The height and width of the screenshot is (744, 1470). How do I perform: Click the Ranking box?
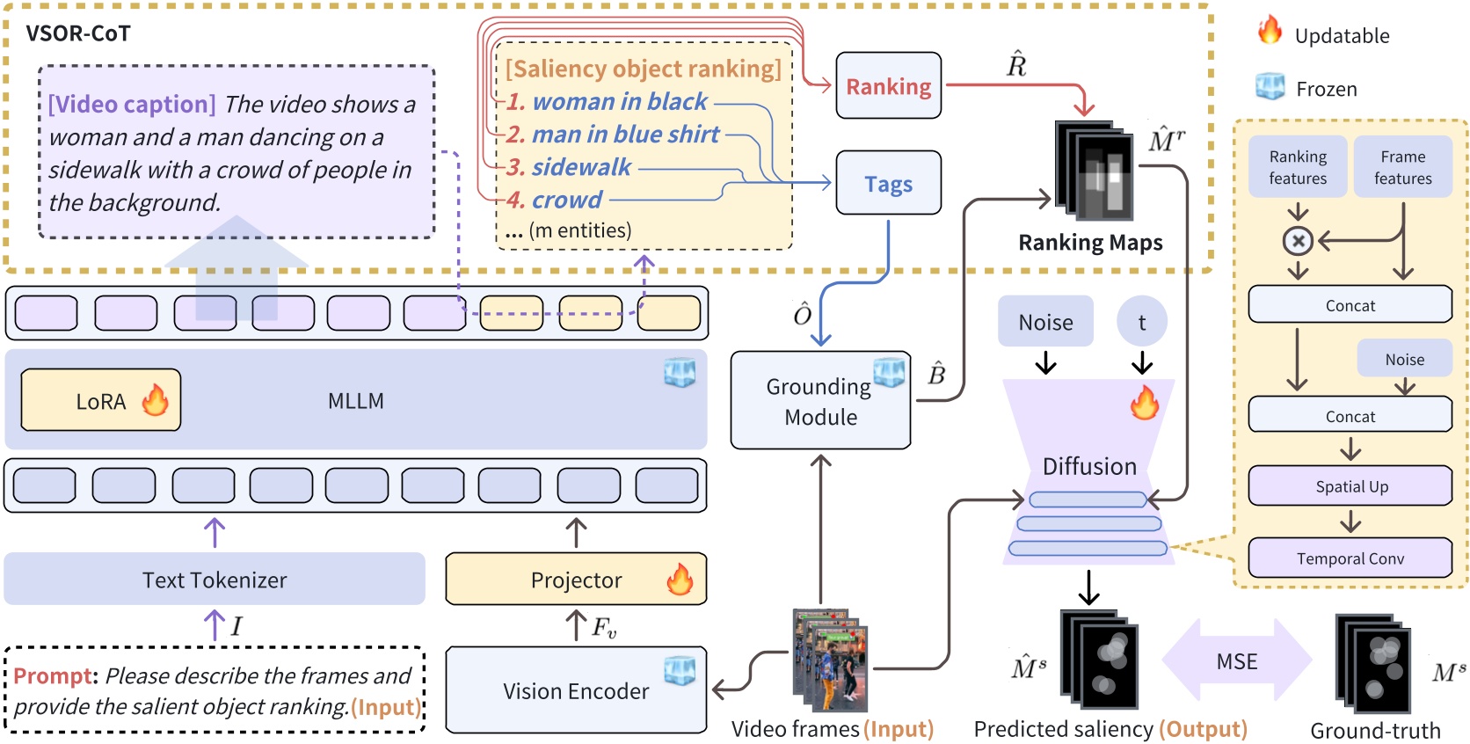[x=888, y=86]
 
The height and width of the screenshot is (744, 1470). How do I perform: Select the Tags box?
[x=888, y=183]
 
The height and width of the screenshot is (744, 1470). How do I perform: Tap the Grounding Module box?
[x=819, y=401]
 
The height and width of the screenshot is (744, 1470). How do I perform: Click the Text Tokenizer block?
[x=215, y=580]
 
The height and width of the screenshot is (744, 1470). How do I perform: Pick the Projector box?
[x=576, y=580]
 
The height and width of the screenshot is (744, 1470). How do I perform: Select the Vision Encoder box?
[x=576, y=691]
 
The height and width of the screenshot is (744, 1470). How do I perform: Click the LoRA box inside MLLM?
[x=100, y=401]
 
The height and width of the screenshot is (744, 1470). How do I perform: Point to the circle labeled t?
[x=1141, y=322]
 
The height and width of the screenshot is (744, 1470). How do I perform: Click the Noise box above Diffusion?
[x=1045, y=322]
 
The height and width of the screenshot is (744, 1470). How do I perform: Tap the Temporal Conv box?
[x=1350, y=558]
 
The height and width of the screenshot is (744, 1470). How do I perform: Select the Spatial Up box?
[x=1350, y=486]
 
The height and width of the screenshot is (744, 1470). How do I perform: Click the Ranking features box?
[x=1298, y=167]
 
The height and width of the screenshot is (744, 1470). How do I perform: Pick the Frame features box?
[x=1402, y=167]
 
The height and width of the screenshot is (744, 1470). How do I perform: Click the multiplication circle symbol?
[x=1298, y=240]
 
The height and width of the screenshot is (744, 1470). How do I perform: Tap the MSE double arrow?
[x=1236, y=661]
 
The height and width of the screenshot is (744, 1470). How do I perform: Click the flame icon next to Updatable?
[x=1270, y=32]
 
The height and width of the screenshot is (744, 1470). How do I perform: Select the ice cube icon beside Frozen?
[x=1270, y=86]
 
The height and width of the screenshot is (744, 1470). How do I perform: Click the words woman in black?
[x=619, y=102]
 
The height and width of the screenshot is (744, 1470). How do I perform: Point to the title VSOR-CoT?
[x=78, y=33]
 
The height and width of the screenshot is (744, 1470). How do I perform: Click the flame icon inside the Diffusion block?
[x=1144, y=403]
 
